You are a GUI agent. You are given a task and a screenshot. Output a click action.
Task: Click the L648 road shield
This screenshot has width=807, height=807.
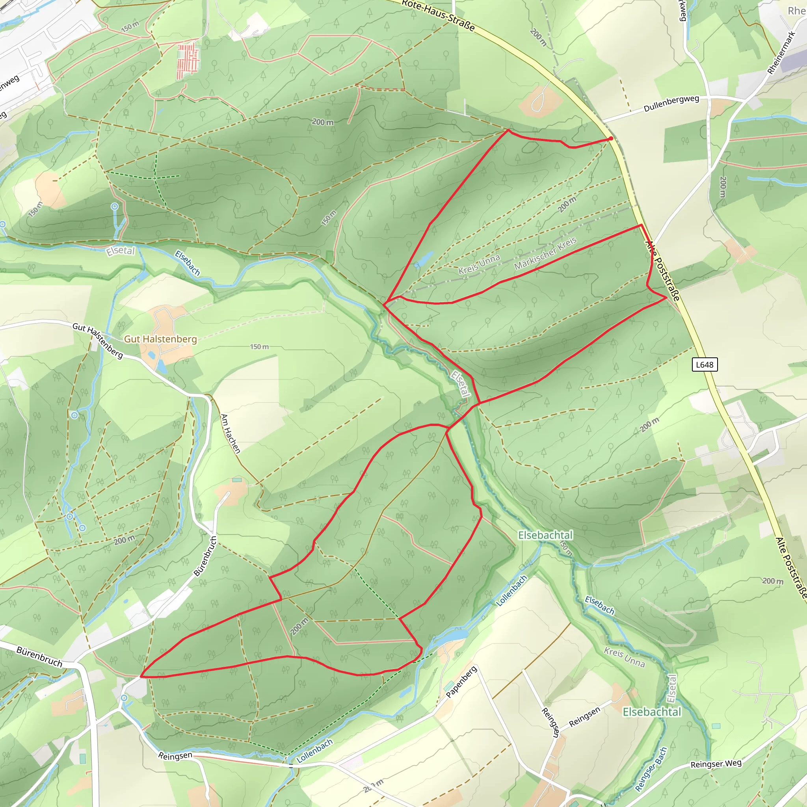pyautogui.click(x=705, y=364)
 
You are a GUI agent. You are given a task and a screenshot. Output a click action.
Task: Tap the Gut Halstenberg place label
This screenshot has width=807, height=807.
pyautogui.click(x=160, y=339)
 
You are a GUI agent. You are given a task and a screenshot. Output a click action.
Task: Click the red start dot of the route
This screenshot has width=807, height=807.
pyautogui.click(x=611, y=138)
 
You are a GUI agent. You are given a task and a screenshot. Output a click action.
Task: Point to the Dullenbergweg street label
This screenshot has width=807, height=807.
pyautogui.click(x=671, y=104)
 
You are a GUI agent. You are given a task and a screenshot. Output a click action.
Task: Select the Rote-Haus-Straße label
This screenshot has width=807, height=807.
pyautogui.click(x=439, y=15)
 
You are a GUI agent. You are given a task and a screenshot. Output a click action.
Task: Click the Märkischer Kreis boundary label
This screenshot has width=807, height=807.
pyautogui.click(x=545, y=253)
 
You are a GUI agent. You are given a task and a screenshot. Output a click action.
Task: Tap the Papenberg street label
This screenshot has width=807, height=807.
pyautogui.click(x=461, y=682)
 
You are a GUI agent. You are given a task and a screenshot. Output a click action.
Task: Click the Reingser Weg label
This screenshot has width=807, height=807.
pyautogui.click(x=716, y=764)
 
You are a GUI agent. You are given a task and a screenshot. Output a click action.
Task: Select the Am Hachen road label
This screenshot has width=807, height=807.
pyautogui.click(x=231, y=433)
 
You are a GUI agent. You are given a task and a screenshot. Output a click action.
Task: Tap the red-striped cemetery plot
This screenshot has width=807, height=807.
pyautogui.click(x=188, y=61)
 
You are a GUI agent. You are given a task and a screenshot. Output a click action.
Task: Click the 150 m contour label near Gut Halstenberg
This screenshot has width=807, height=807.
pyautogui.click(x=259, y=347)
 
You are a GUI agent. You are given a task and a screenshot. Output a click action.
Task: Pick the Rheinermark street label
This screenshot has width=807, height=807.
pyautogui.click(x=781, y=53)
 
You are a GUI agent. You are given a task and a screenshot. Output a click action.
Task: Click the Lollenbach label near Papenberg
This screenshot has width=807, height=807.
pyautogui.click(x=512, y=591)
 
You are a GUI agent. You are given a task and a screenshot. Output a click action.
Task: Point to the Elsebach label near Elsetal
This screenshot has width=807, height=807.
pyautogui.click(x=188, y=263)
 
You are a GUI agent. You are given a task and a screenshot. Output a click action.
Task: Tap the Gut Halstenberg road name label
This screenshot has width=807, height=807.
pyautogui.click(x=98, y=340)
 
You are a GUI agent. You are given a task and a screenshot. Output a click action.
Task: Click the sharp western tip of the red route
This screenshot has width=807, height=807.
pyautogui.click(x=141, y=676)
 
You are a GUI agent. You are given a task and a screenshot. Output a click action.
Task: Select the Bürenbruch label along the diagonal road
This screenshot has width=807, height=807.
pyautogui.click(x=206, y=556)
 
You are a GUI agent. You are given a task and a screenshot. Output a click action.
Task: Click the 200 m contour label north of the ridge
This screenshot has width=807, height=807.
pyautogui.click(x=323, y=122)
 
